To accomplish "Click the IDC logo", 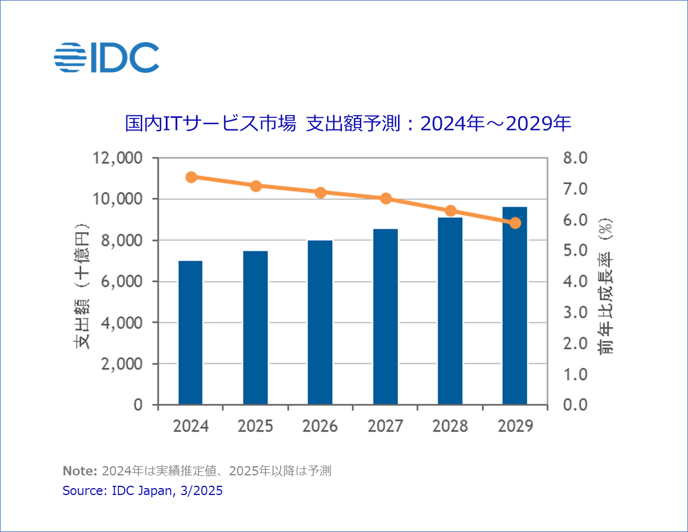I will click(106, 57).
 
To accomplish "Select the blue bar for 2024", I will click(190, 333).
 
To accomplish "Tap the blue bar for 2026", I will click(319, 322).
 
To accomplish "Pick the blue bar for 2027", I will click(385, 317).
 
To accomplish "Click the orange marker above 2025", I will click(256, 186).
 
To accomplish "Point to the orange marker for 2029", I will click(515, 223).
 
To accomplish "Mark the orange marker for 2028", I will click(451, 211).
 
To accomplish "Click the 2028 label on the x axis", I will click(451, 426).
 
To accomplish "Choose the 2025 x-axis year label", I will click(256, 426).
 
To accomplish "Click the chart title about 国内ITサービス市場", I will click(348, 124).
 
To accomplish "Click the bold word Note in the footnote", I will click(79, 471).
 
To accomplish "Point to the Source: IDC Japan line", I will click(142, 491).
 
